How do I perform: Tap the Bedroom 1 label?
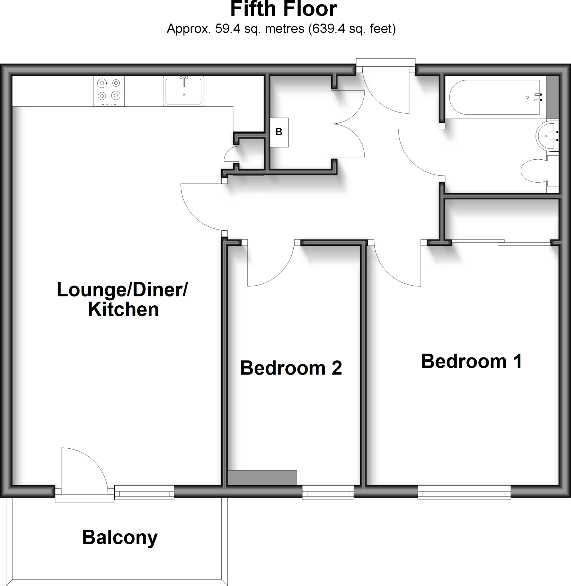(471, 361)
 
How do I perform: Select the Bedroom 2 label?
(291, 368)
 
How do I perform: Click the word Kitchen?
(123, 309)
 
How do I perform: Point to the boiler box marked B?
(279, 132)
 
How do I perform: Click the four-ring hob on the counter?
(109, 91)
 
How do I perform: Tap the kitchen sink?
(184, 91)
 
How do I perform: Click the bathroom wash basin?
(548, 136)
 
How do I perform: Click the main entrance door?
(387, 93)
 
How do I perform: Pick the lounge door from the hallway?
(198, 210)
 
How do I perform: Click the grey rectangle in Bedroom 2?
(262, 478)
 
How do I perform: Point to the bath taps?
(539, 97)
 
